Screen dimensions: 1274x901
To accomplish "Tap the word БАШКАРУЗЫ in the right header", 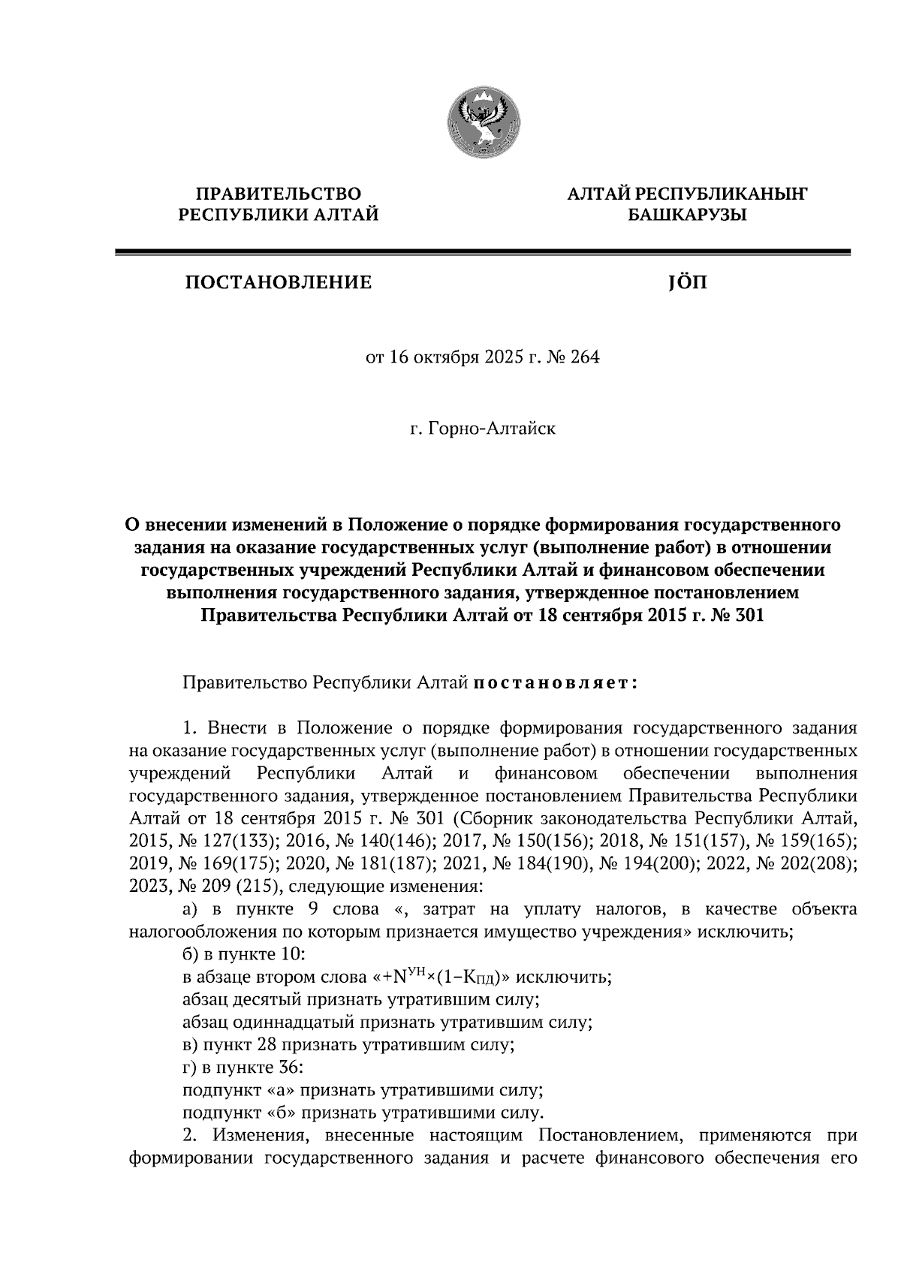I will click(x=687, y=216).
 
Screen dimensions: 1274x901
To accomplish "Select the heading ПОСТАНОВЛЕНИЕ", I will click(x=279, y=283).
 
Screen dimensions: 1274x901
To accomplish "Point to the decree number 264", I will click(x=586, y=357).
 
